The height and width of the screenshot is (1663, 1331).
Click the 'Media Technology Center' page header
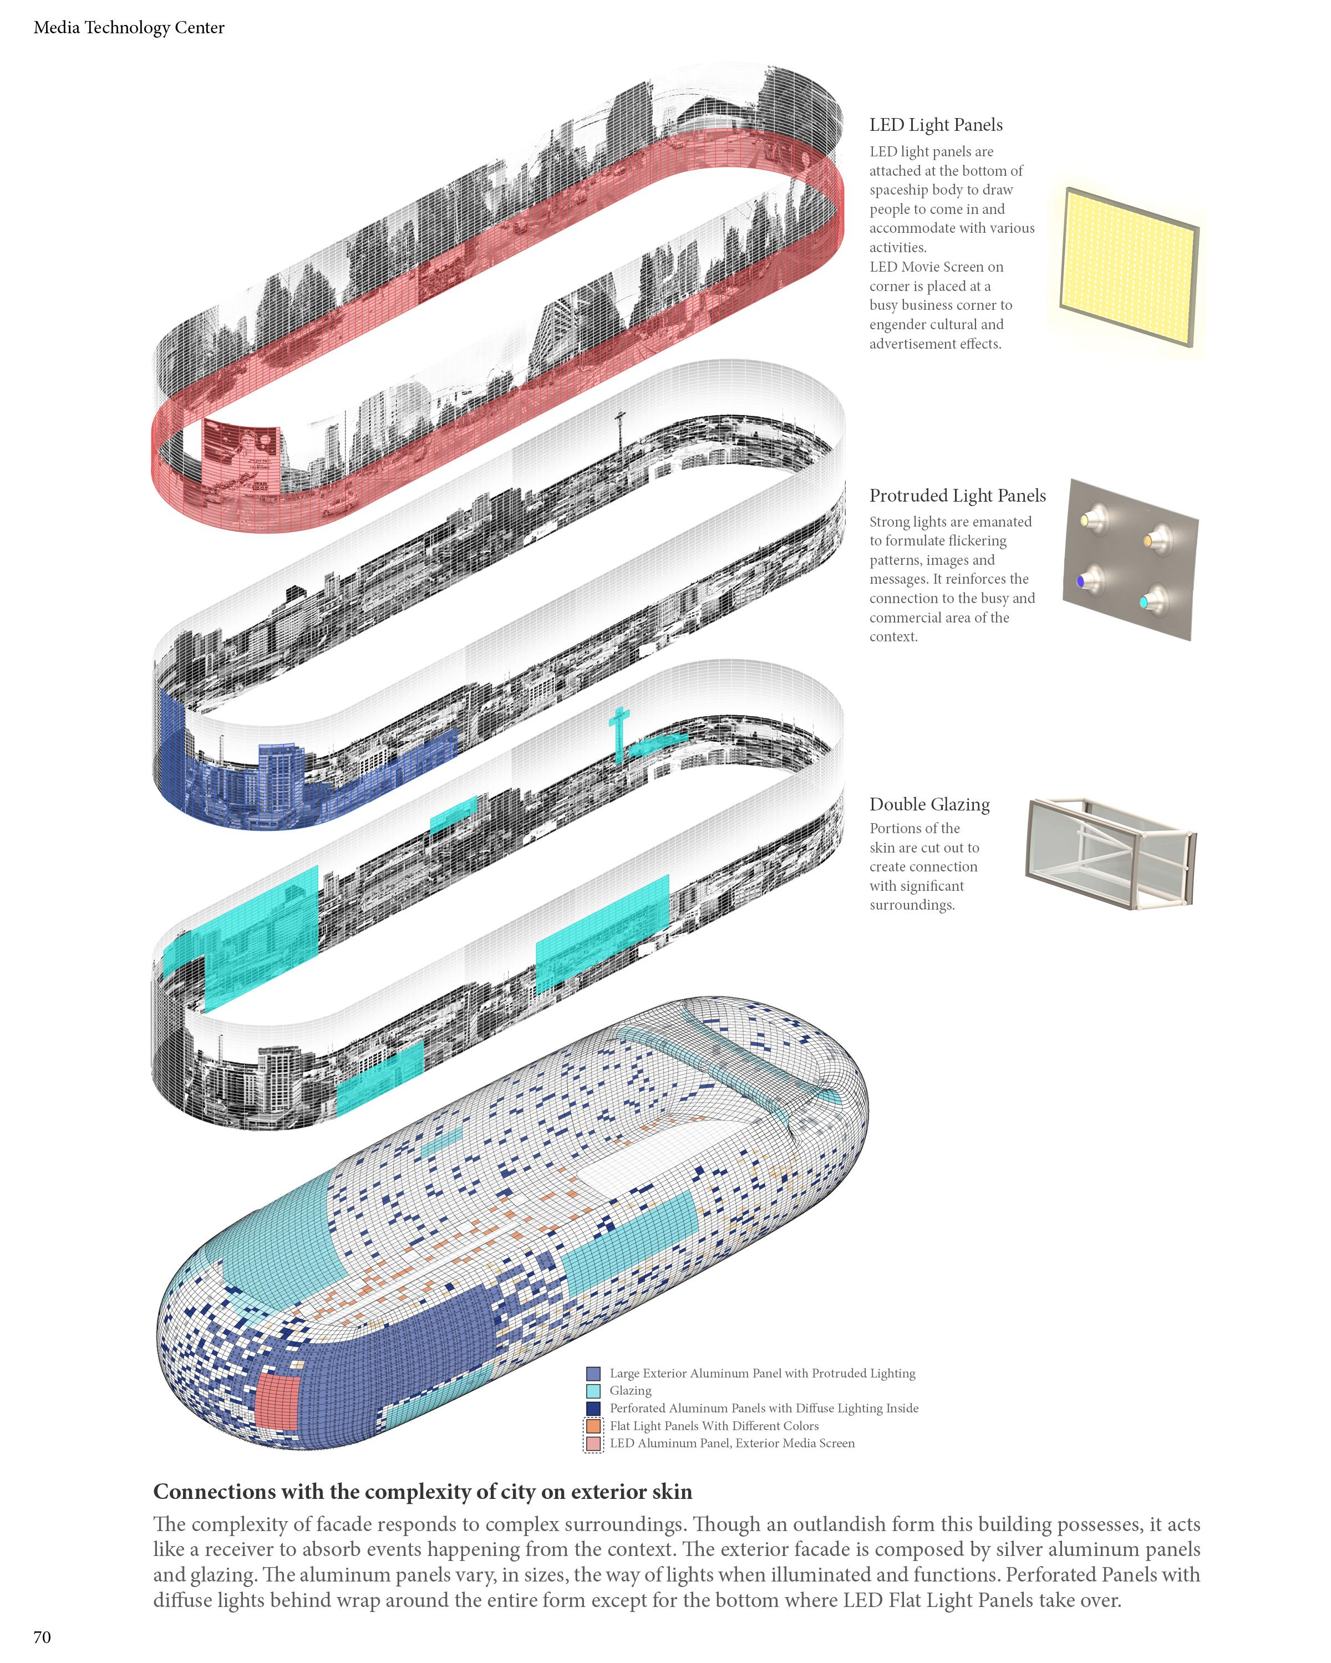coord(129,28)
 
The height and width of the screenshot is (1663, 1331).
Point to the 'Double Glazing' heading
coord(929,804)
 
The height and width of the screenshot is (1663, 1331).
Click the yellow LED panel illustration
coord(1127,266)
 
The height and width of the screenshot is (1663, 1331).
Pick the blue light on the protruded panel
coord(1081,581)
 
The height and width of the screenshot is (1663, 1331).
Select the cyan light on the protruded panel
coord(1144,601)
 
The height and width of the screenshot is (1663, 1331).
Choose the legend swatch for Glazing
coord(593,1391)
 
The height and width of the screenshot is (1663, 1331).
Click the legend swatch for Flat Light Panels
coord(593,1426)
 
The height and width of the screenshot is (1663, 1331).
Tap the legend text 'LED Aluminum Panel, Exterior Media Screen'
coord(731,1443)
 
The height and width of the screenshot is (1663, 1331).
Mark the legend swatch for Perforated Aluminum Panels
coord(593,1409)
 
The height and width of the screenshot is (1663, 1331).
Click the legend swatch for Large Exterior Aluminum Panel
coord(593,1373)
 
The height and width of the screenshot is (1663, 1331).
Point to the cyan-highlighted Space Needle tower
coord(618,733)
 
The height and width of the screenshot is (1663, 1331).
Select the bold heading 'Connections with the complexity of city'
coord(422,1491)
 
